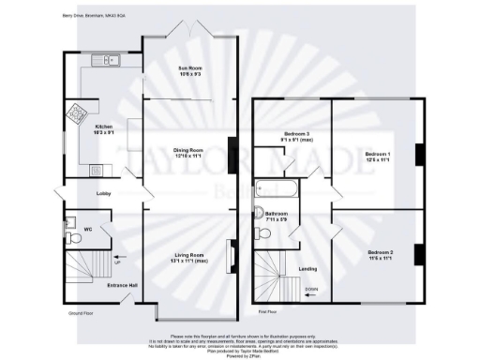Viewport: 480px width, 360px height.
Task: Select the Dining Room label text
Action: pyautogui.click(x=190, y=152)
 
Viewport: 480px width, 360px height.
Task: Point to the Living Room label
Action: pyautogui.click(x=190, y=257)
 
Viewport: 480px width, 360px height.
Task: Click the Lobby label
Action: pyautogui.click(x=104, y=194)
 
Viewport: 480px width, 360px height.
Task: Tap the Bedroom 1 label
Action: pyautogui.click(x=378, y=156)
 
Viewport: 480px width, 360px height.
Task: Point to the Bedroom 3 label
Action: pyautogui.click(x=297, y=136)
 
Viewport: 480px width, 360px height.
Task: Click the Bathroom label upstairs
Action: pyautogui.click(x=276, y=217)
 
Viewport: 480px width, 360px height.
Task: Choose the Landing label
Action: pyautogui.click(x=307, y=270)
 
